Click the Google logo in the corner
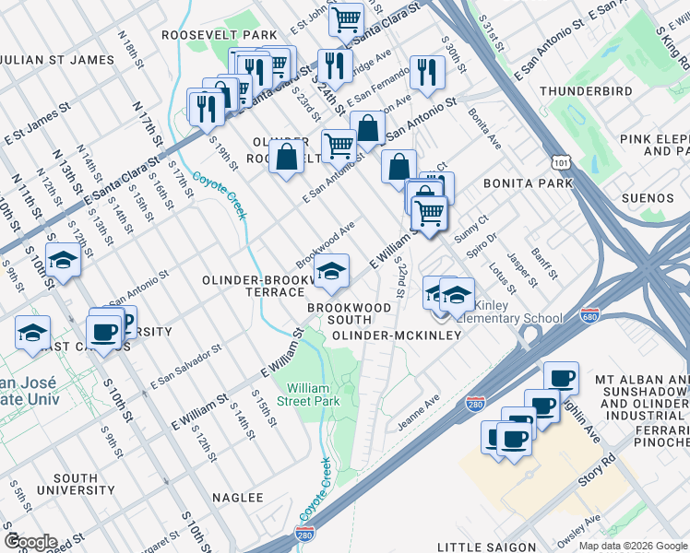pyautogui.click(x=30, y=542)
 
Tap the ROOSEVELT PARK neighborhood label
pyautogui.click(x=220, y=34)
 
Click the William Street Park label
pyautogui.click(x=313, y=394)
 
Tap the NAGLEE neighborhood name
pyautogui.click(x=238, y=497)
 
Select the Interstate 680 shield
pyautogui.click(x=590, y=316)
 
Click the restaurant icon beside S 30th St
pyautogui.click(x=425, y=73)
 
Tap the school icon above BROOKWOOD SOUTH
pyautogui.click(x=331, y=270)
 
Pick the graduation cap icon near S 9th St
pyautogui.click(x=64, y=260)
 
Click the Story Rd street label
pyautogui.click(x=598, y=469)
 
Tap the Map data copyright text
pyautogui.click(x=632, y=546)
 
